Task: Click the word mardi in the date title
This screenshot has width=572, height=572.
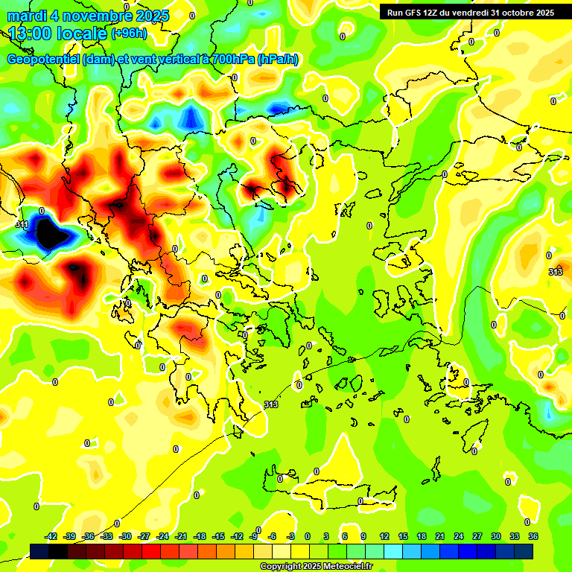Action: (28, 16)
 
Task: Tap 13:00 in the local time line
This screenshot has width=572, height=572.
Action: (31, 34)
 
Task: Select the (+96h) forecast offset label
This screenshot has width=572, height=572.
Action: (129, 34)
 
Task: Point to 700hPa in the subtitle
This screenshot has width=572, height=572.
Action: (228, 60)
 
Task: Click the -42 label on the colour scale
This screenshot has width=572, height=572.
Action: (51, 536)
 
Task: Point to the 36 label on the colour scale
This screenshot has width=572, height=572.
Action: (533, 536)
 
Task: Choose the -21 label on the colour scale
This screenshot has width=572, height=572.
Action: (181, 536)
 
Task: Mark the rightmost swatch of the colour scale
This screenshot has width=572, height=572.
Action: (523, 551)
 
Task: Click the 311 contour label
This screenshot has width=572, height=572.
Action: (22, 223)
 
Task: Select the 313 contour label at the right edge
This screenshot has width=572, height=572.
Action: (556, 272)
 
